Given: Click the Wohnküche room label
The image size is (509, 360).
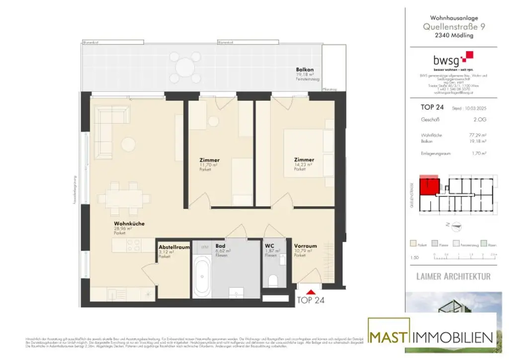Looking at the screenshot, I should (x=129, y=224).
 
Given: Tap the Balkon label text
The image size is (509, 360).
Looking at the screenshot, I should (x=305, y=70).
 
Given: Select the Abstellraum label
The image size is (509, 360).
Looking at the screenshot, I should (x=174, y=247).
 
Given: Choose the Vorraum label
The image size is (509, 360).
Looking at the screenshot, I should (x=302, y=246).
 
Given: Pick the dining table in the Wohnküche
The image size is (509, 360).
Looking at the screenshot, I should (x=127, y=199).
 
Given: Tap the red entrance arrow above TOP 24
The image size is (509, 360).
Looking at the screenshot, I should (x=312, y=292).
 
